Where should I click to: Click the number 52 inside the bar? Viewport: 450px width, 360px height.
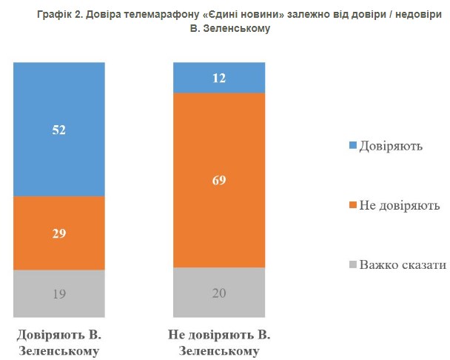pos(59,130)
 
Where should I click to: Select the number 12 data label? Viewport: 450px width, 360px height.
pos(218,78)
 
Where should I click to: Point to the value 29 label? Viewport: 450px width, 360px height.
pos(59,233)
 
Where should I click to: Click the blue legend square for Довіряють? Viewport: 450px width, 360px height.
pos(352,145)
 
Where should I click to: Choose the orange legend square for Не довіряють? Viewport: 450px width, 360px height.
pos(352,204)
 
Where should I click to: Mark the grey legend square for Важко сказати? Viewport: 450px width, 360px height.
pos(352,264)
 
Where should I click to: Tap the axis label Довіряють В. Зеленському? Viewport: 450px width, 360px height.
pos(59,340)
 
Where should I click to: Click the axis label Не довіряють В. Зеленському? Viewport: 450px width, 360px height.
pos(218,340)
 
